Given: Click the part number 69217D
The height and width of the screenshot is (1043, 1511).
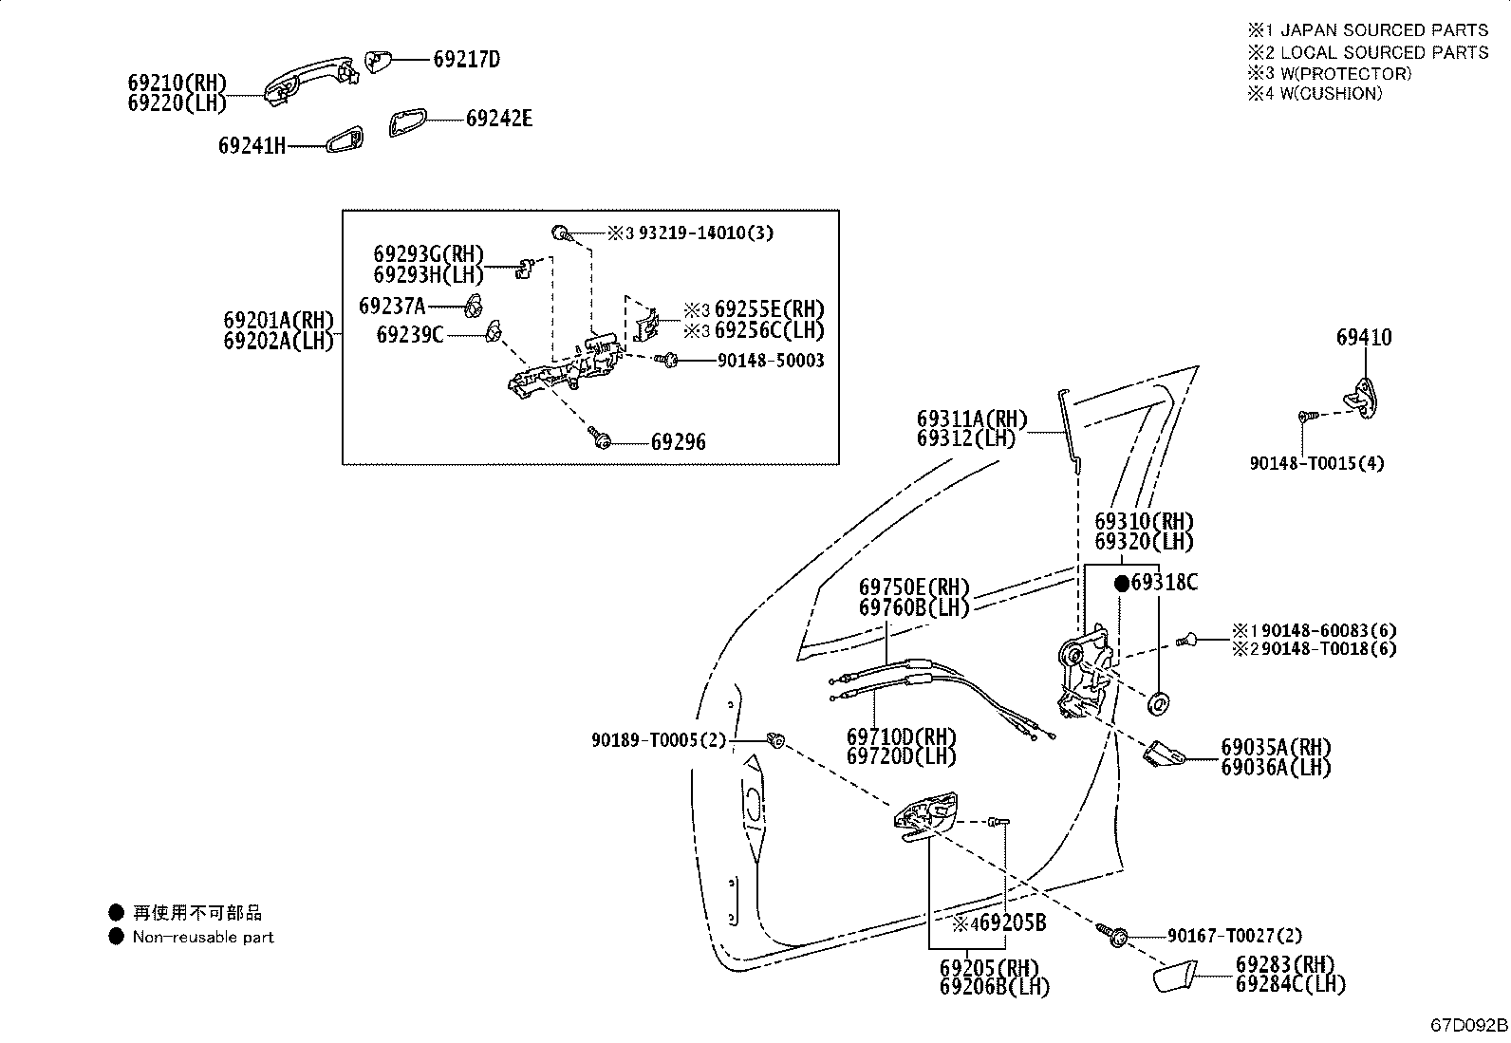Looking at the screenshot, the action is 466,60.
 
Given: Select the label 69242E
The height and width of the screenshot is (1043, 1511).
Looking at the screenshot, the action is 499,119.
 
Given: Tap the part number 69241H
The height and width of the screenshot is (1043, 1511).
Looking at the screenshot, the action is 252,146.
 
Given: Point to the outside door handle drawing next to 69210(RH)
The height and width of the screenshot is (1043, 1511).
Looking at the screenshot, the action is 310,80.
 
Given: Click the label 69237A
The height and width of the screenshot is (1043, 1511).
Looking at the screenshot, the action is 392,307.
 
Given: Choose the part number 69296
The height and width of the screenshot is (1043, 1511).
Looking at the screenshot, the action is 678,442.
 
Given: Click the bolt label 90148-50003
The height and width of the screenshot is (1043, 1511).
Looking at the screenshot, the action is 771,361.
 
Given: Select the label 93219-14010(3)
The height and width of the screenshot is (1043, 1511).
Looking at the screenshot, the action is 705,233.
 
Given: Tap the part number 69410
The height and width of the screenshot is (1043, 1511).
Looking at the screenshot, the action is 1364,337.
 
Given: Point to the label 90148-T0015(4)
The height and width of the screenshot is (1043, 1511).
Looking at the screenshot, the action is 1316,463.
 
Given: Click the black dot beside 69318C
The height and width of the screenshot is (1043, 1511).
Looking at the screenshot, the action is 1122,584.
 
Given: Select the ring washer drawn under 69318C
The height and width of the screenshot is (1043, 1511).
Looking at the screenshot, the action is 1158,703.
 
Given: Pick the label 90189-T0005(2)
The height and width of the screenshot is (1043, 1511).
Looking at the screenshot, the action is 659,741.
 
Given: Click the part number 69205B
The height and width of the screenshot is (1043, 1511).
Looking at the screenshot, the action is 1013,922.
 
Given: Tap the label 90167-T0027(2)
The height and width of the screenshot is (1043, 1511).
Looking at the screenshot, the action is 1235,936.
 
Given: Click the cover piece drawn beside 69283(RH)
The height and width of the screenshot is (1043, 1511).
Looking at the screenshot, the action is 1174,977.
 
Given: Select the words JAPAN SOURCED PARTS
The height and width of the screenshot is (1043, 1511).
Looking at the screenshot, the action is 1384,30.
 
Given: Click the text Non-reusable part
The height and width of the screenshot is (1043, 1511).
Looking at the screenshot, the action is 203,937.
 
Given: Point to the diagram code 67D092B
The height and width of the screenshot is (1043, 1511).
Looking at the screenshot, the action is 1469,1026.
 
